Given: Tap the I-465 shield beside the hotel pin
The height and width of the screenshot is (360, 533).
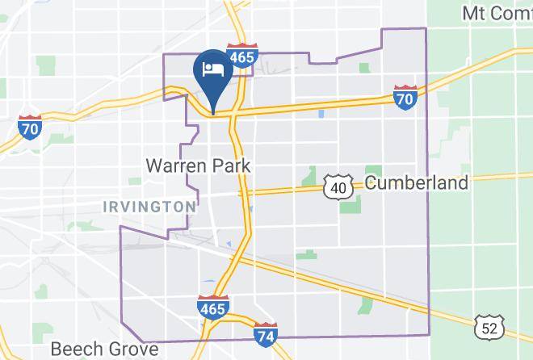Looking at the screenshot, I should (x=241, y=56).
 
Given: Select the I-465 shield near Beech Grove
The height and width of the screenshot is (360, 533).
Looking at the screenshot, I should (x=212, y=306).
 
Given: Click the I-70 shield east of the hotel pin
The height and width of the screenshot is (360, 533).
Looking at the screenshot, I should (x=405, y=96).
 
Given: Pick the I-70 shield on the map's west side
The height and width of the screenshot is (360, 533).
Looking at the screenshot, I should (x=30, y=127).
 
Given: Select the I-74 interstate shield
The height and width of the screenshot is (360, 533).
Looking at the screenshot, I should (x=266, y=334).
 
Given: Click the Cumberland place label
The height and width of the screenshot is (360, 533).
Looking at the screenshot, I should (x=416, y=182).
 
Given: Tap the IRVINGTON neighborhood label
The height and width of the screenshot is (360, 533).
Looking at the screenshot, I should (x=149, y=207).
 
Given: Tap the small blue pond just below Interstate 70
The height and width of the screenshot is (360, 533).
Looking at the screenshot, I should (x=321, y=114).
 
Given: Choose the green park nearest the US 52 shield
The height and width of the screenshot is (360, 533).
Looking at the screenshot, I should (x=368, y=306).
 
